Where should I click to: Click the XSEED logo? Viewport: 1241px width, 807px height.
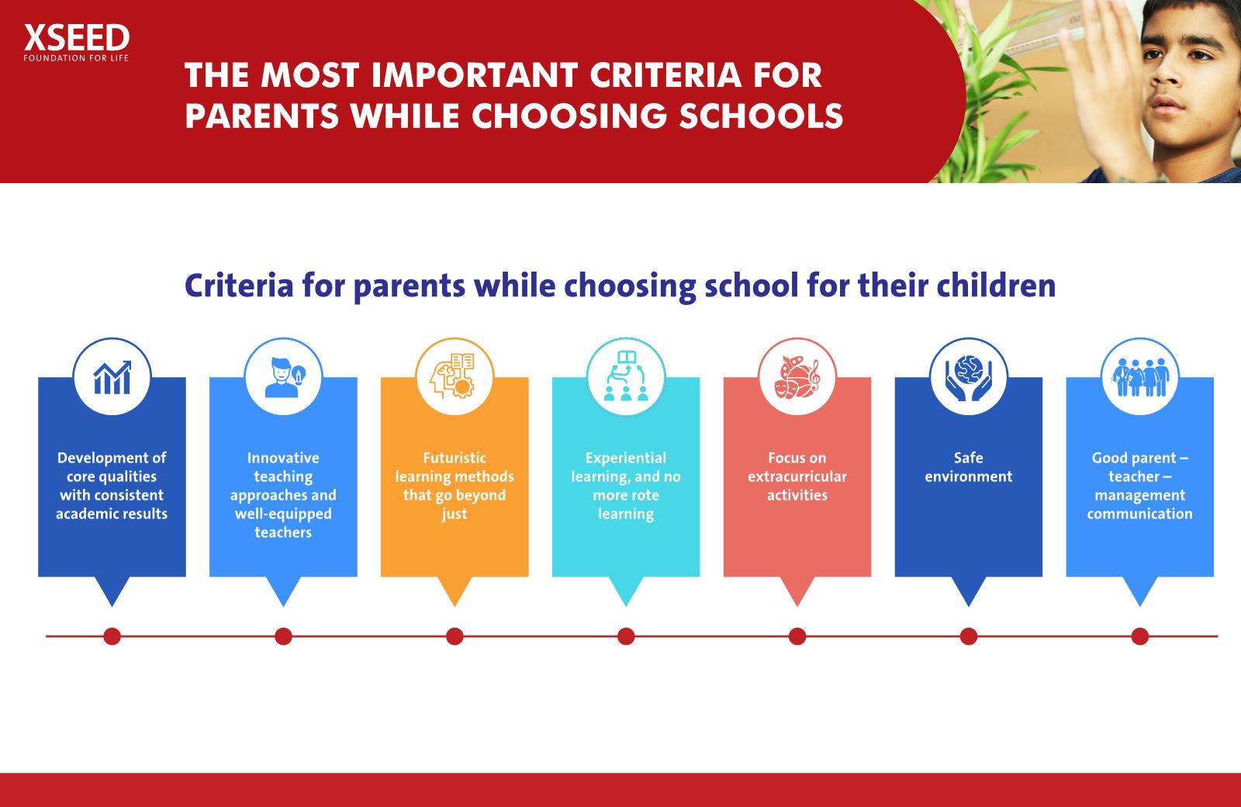point(77,43)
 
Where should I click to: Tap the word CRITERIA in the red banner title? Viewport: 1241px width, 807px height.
point(665,75)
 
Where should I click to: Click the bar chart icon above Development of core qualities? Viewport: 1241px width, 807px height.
point(112,378)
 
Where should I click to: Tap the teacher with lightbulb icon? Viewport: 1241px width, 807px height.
point(284,377)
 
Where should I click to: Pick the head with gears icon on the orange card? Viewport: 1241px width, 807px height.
point(455,376)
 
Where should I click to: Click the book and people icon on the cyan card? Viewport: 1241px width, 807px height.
point(626,376)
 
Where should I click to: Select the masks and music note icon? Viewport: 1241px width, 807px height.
point(797,377)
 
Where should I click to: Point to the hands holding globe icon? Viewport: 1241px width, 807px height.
point(969,378)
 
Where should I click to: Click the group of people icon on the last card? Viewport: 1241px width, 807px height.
point(1140,377)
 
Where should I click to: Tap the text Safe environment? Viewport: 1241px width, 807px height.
point(969,467)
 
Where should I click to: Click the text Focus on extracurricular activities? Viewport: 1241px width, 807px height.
point(797,476)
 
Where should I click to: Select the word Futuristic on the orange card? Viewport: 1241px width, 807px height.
point(455,458)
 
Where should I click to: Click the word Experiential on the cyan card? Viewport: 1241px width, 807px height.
point(626,459)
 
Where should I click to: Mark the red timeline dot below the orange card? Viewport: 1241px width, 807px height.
point(455,636)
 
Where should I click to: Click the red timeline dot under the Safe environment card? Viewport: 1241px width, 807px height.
point(969,636)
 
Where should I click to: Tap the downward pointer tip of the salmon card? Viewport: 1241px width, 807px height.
point(797,606)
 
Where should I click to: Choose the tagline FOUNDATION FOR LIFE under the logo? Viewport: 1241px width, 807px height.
point(76,58)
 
